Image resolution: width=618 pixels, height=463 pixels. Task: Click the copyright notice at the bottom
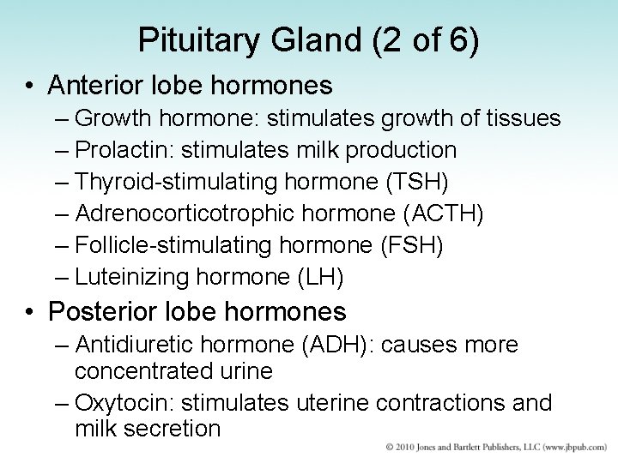tap(488, 448)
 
